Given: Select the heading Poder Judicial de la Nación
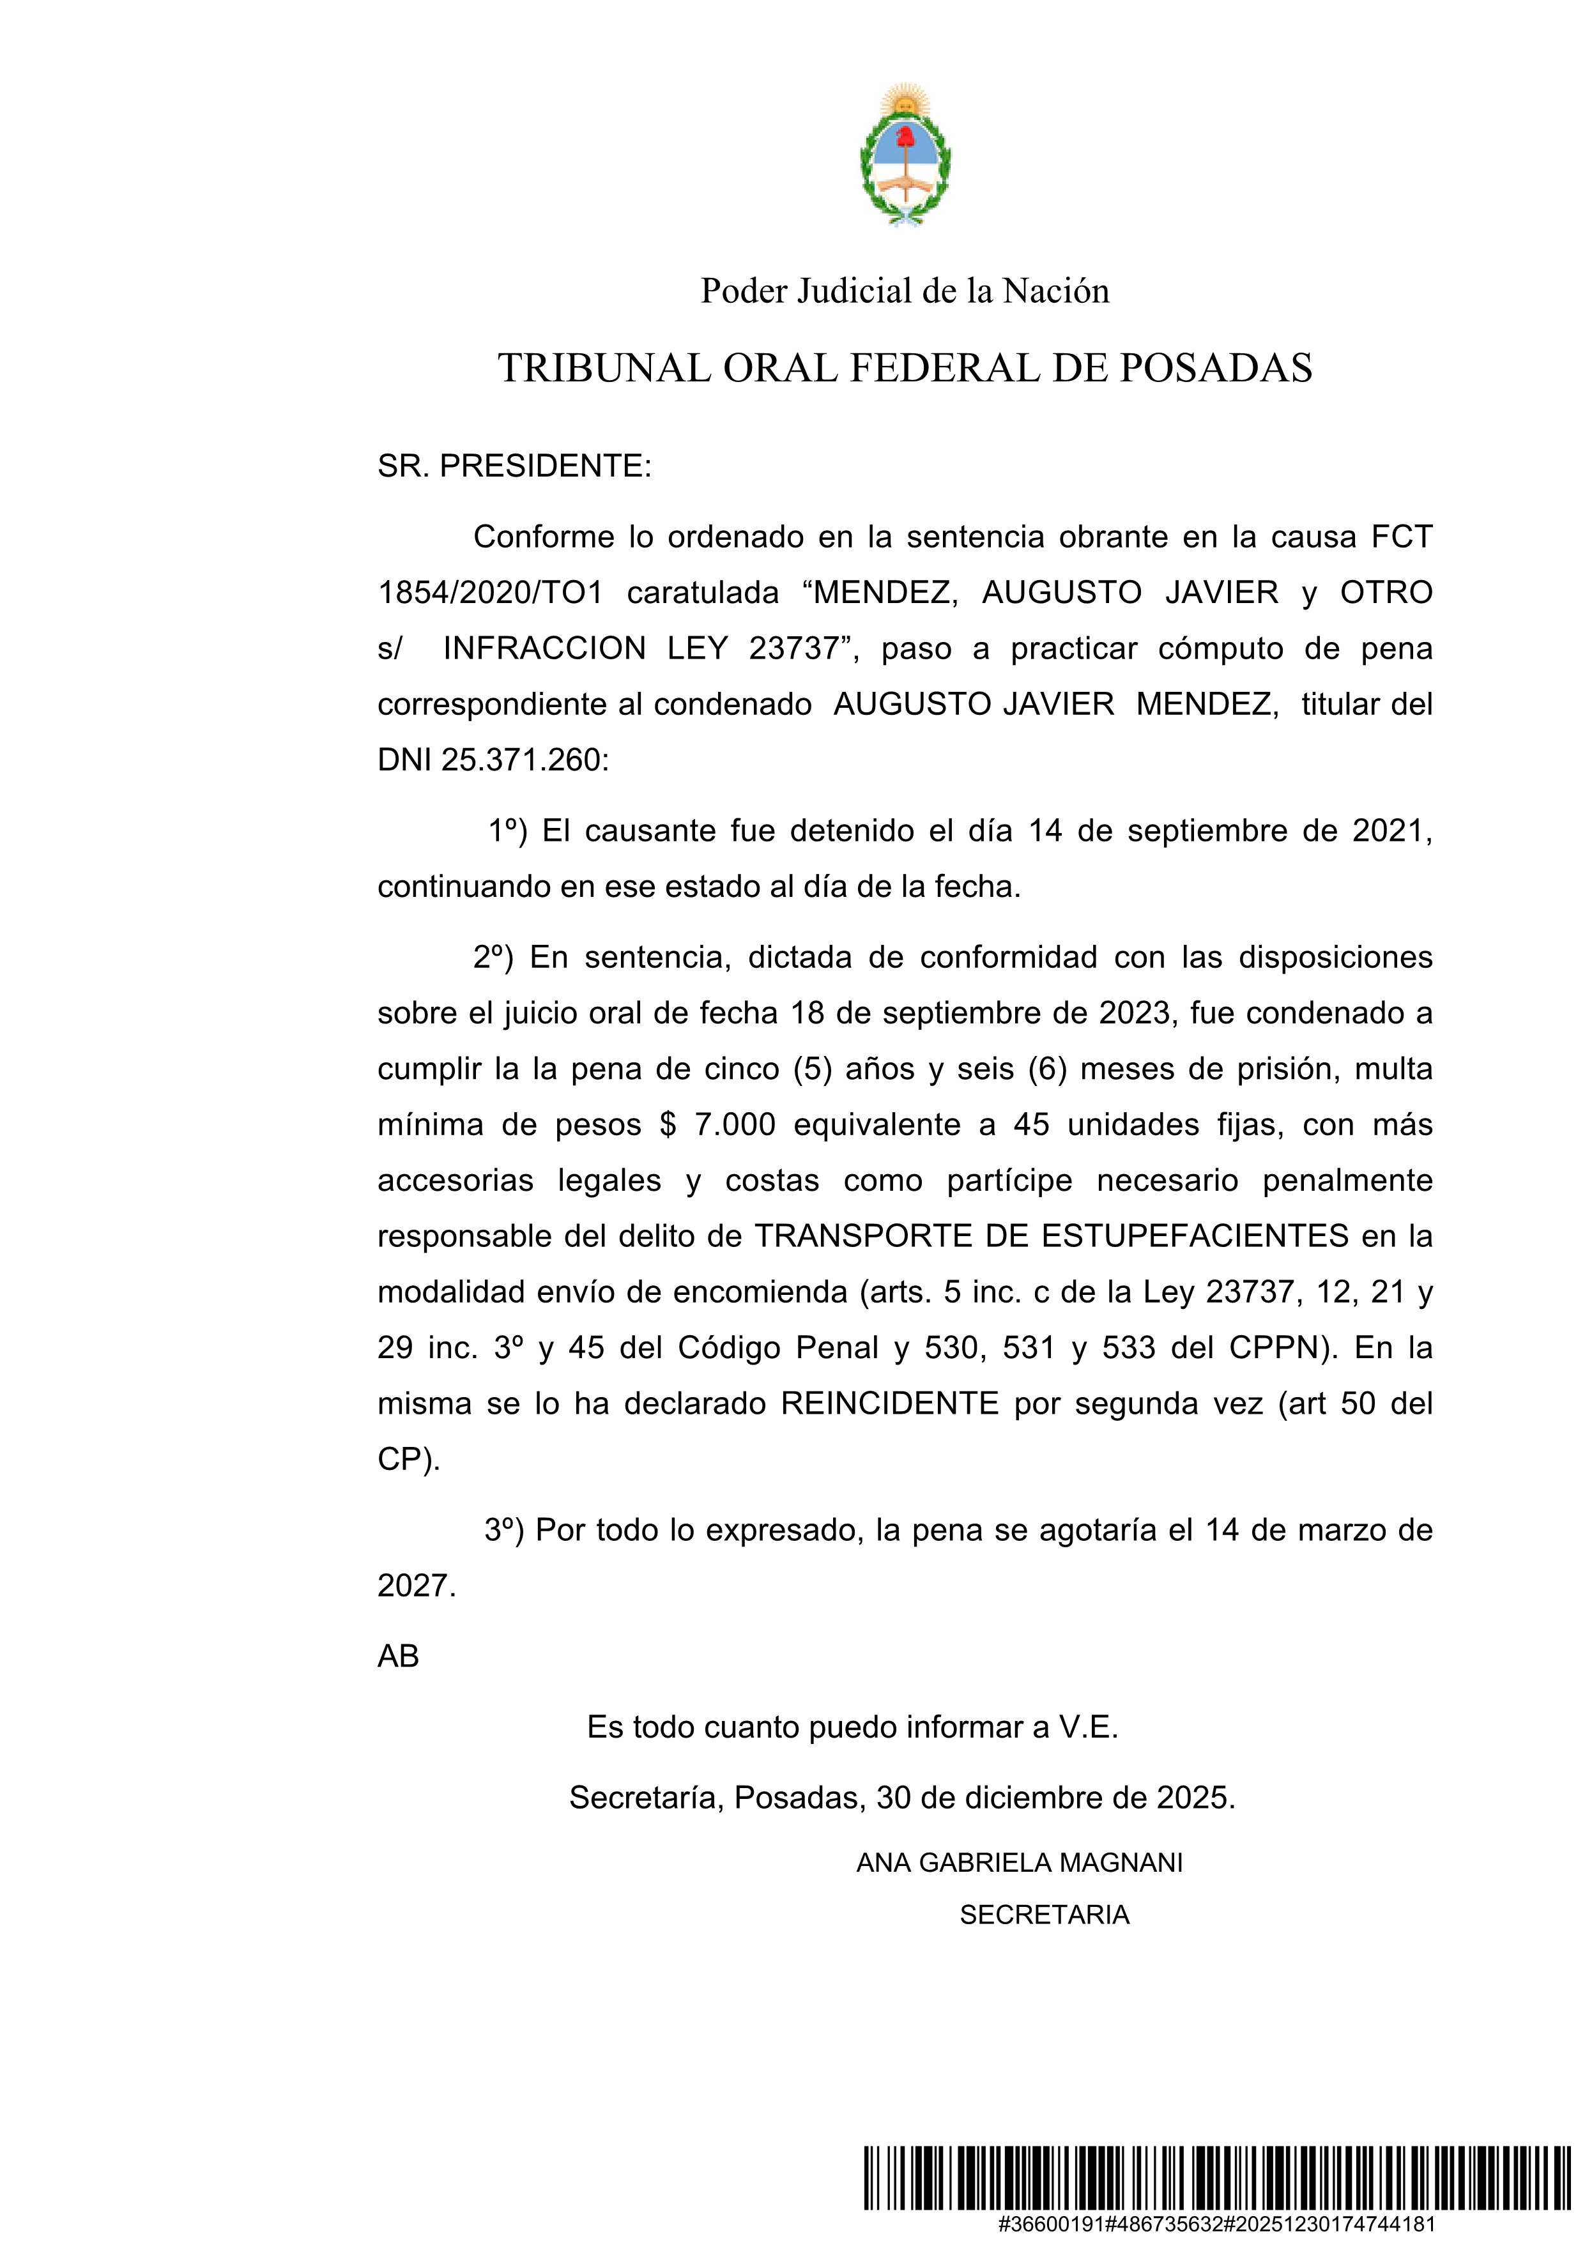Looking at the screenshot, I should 905,291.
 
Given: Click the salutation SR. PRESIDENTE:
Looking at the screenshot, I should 514,466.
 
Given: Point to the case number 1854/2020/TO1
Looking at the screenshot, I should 490,592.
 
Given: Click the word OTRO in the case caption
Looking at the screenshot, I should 1386,592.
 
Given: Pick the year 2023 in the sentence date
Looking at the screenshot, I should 1134,1013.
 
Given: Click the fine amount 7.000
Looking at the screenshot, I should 735,1124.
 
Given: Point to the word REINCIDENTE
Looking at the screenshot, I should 889,1403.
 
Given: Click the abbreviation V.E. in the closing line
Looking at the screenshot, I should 1088,1727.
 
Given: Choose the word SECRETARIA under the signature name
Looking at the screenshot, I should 1045,1915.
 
